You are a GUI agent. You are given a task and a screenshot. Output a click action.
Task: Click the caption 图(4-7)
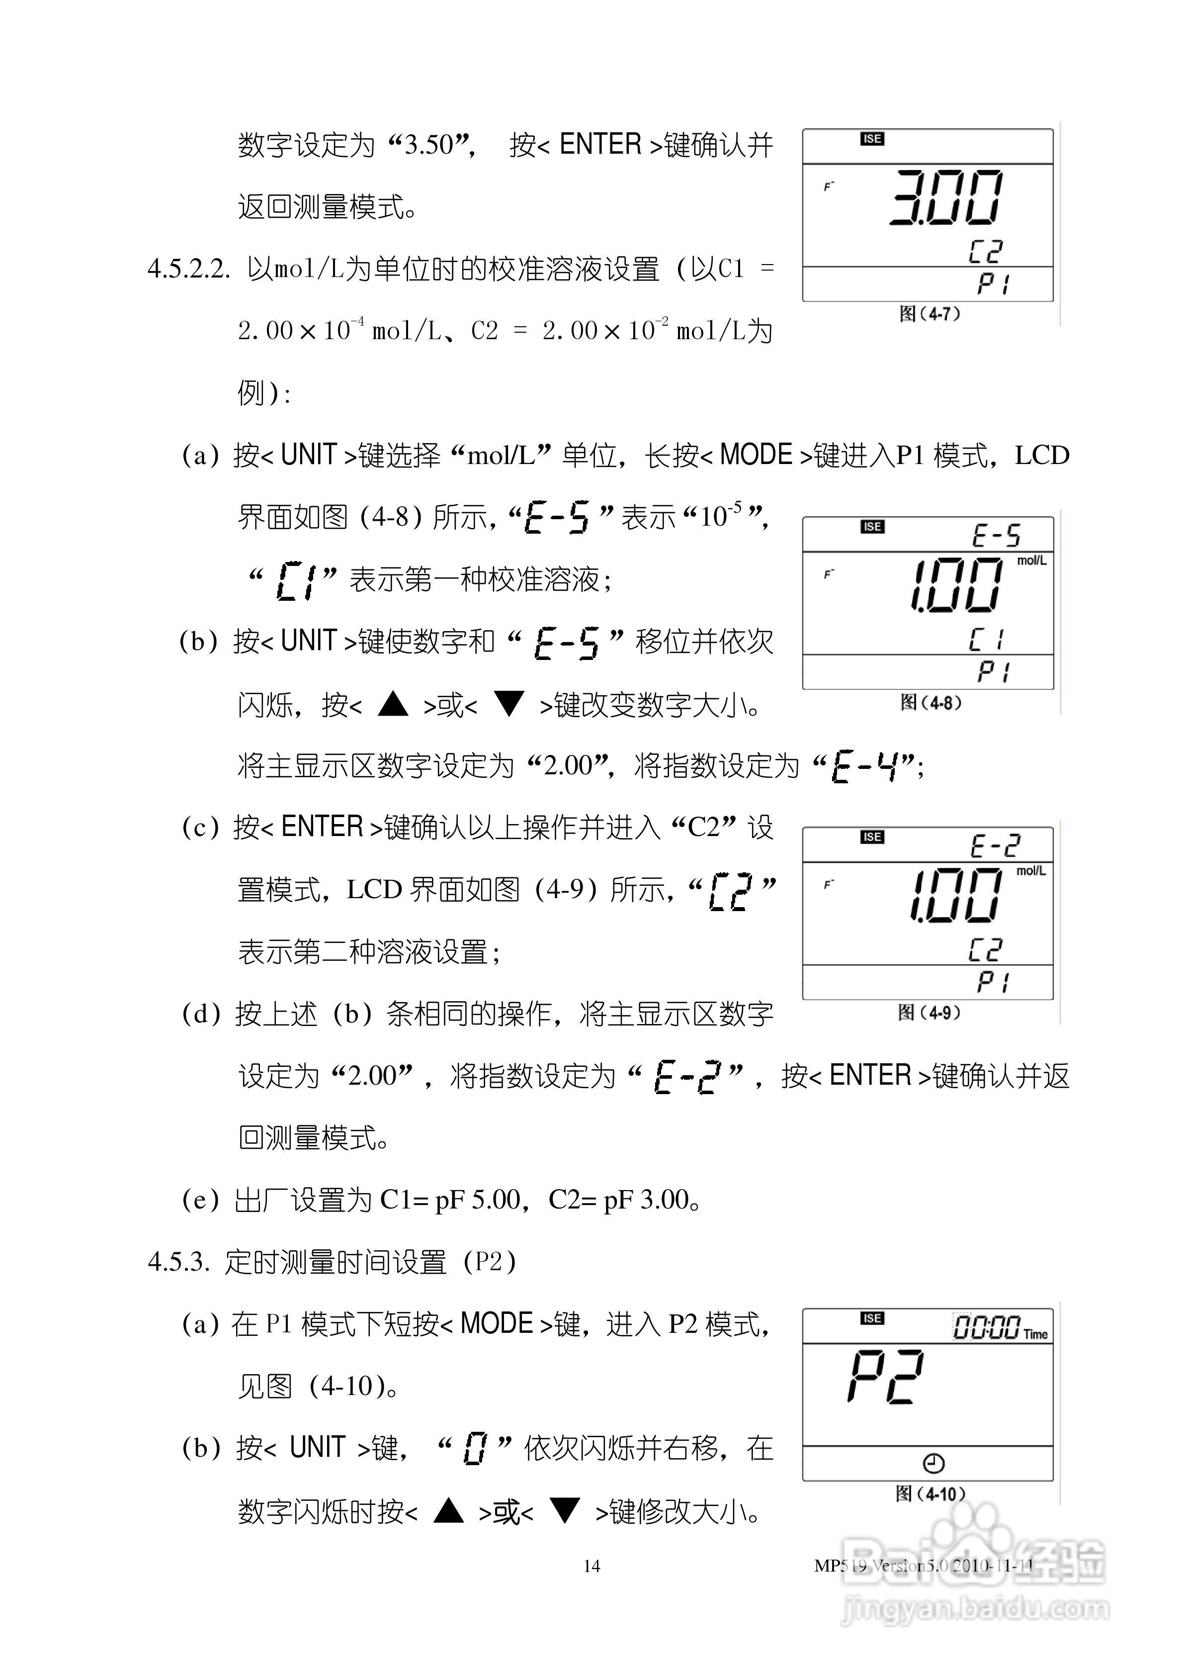pyautogui.click(x=929, y=314)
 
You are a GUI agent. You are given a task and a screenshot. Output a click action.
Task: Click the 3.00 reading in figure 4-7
pyautogui.click(x=946, y=198)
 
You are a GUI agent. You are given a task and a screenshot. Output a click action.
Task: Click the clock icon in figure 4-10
pyautogui.click(x=933, y=1464)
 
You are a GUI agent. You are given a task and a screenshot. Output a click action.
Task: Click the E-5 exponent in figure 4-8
pyautogui.click(x=996, y=536)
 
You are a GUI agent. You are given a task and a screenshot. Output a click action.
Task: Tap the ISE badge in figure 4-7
pyautogui.click(x=872, y=139)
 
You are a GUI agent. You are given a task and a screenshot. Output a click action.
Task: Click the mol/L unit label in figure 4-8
pyautogui.click(x=1031, y=561)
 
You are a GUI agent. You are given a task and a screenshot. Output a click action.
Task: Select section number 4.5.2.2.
pyautogui.click(x=189, y=269)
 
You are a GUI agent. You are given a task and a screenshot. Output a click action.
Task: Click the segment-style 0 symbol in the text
pyautogui.click(x=474, y=1448)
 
